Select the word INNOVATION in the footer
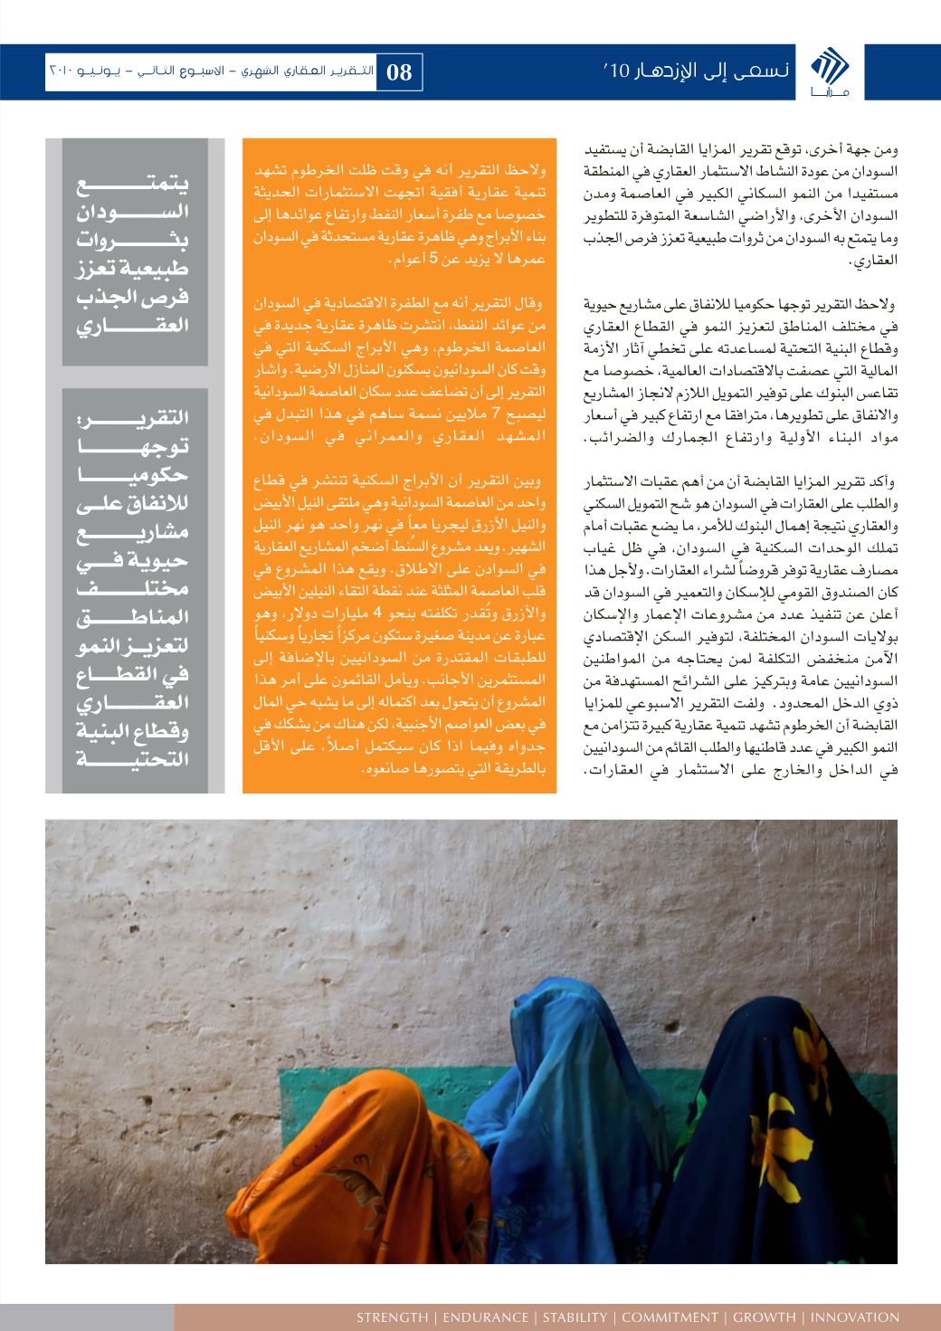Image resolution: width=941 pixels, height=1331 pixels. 854,1317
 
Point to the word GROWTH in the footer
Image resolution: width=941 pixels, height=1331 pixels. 764,1317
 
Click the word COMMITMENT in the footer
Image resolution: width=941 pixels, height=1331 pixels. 670,1317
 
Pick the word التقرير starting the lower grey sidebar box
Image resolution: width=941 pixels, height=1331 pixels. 145,420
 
